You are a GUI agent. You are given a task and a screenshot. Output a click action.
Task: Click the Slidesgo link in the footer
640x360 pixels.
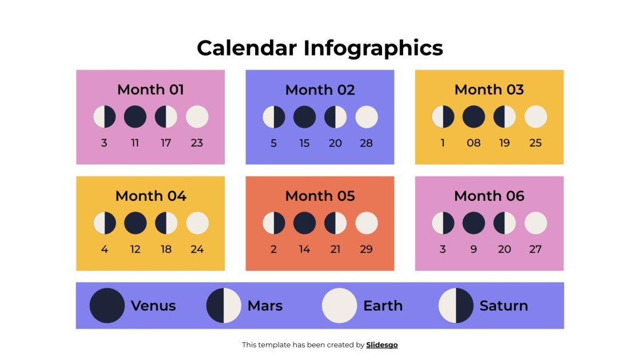click(381, 345)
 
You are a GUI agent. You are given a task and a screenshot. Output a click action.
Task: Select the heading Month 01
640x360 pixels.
click(150, 89)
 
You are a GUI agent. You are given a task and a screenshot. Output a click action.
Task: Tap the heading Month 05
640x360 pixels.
click(320, 196)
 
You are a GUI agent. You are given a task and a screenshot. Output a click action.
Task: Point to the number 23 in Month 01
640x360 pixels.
click(197, 143)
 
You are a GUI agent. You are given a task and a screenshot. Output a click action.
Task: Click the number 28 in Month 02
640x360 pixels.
click(366, 143)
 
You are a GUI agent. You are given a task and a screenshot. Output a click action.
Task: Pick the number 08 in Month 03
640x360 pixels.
click(474, 143)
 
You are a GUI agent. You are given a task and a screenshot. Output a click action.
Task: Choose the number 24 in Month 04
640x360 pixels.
click(197, 249)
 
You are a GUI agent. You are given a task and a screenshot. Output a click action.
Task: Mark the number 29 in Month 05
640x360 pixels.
click(366, 249)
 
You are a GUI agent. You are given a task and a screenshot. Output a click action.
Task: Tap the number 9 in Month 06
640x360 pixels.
click(474, 249)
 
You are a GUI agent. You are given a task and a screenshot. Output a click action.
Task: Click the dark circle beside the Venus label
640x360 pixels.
click(107, 306)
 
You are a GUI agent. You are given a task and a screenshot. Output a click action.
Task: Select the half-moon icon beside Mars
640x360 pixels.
click(224, 306)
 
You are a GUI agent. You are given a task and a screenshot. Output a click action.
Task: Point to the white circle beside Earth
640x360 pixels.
click(339, 306)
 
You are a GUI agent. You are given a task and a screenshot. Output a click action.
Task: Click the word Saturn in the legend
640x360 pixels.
click(503, 306)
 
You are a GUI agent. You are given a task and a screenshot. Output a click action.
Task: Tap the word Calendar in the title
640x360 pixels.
click(247, 48)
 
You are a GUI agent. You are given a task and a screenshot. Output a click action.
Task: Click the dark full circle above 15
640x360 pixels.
click(304, 117)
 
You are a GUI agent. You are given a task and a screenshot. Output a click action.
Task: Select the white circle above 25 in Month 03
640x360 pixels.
click(535, 117)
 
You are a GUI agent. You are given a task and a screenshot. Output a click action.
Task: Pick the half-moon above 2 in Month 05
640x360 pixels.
click(273, 223)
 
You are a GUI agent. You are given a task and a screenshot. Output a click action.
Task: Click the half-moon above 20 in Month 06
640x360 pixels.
click(504, 223)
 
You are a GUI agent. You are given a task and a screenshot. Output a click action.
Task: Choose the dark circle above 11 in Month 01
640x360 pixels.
click(135, 117)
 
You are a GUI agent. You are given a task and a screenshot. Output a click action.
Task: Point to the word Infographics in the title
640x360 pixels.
click(373, 48)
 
